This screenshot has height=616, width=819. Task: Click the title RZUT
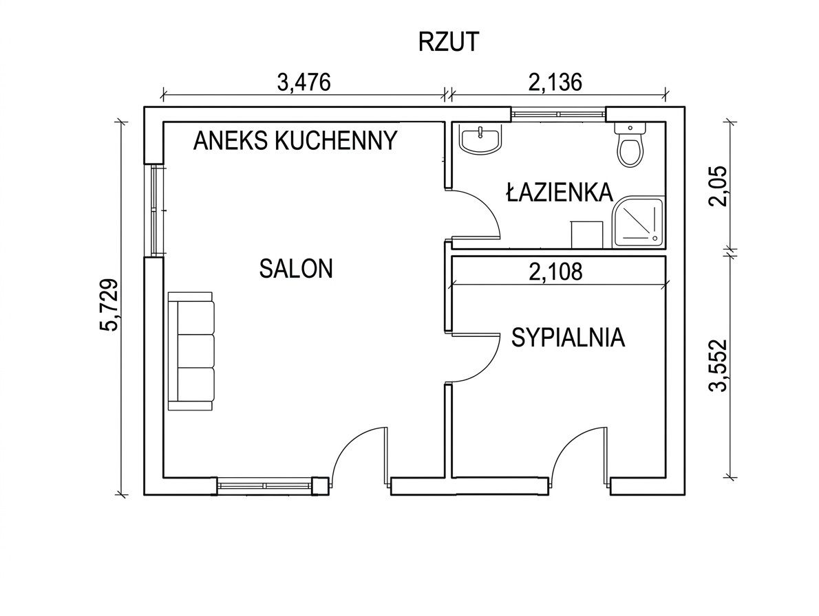tap(448, 42)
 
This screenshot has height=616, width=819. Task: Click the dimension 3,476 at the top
tap(304, 82)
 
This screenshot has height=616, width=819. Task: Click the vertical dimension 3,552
tap(719, 365)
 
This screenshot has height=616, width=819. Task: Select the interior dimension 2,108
tap(555, 272)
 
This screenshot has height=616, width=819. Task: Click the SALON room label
tap(296, 268)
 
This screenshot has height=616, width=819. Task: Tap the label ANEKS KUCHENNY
tap(295, 140)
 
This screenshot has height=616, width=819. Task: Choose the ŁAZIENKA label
tap(559, 192)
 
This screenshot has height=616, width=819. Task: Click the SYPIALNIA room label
tap(568, 338)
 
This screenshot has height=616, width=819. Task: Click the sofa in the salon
tap(191, 351)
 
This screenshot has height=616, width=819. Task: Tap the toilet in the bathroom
tap(629, 145)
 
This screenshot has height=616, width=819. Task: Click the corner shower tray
tap(639, 222)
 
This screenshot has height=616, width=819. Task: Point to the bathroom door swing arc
tap(482, 213)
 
